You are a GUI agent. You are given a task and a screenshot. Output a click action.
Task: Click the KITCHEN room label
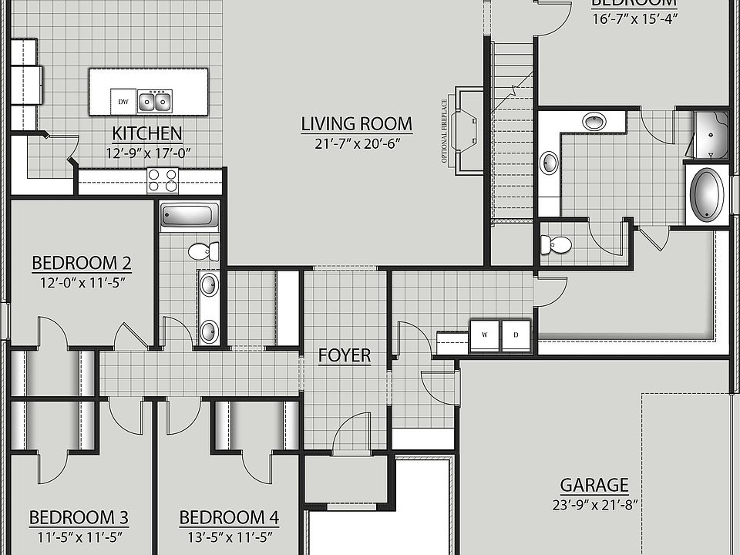(x=147, y=133)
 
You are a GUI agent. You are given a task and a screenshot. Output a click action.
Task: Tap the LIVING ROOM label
(x=356, y=123)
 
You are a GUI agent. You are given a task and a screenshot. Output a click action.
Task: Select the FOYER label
(x=345, y=355)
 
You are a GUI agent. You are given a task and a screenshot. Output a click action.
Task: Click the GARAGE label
(x=594, y=486)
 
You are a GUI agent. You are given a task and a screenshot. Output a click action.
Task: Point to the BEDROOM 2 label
(x=82, y=263)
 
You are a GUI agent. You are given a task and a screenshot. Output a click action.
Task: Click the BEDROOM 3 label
(x=79, y=517)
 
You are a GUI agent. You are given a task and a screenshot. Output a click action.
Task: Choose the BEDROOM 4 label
(x=229, y=517)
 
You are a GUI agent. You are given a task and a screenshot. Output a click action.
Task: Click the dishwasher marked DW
(x=123, y=101)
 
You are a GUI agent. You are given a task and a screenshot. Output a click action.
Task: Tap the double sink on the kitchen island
(x=154, y=101)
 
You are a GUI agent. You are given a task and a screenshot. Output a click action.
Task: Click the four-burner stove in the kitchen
(x=163, y=180)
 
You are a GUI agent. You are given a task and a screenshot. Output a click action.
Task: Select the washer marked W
(x=485, y=335)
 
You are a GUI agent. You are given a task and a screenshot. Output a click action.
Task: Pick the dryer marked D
(x=516, y=335)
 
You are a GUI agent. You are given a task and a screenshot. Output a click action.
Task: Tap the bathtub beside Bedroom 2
(x=190, y=215)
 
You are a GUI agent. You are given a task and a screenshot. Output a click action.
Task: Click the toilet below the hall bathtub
(x=204, y=251)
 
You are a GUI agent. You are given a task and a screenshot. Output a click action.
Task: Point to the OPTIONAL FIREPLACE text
(x=445, y=131)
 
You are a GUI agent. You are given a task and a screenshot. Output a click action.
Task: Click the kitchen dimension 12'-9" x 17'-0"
(x=147, y=153)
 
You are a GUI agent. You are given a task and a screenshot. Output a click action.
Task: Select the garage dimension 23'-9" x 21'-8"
(x=594, y=506)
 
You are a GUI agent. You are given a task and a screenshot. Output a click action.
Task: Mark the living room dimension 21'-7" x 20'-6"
(x=356, y=143)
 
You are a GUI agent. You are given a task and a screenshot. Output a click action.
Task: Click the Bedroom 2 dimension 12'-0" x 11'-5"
(x=82, y=282)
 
